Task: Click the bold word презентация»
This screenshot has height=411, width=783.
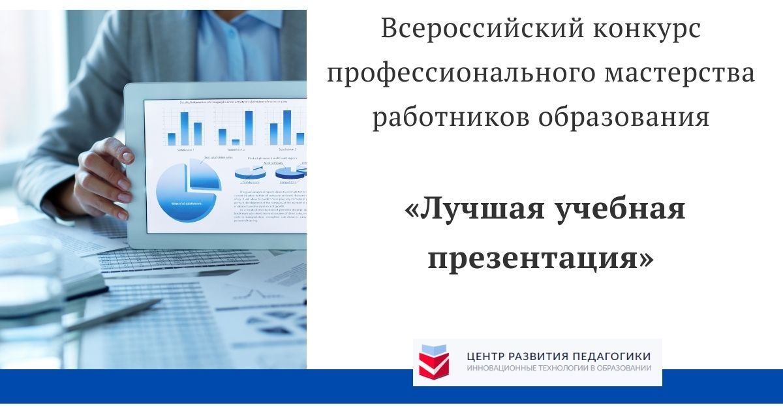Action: pos(540,257)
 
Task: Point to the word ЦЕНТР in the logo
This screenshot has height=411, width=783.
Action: pos(487,356)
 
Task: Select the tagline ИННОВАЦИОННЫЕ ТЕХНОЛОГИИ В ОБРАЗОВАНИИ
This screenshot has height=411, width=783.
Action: pos(559,369)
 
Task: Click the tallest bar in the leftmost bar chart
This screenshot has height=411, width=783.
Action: pos(184,128)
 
